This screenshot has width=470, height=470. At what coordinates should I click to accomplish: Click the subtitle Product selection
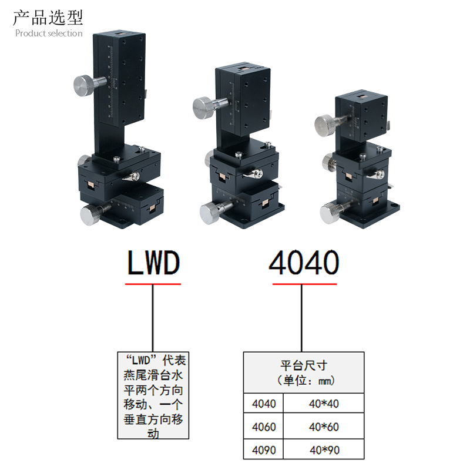49,33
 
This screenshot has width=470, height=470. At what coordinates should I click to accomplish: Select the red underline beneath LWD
153,284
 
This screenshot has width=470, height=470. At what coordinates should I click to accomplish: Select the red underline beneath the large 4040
304,284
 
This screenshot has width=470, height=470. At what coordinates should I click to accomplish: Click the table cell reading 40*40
324,404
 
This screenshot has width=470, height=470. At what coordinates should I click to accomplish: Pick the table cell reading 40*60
324,427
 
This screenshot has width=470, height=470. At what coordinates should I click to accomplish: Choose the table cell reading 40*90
324,450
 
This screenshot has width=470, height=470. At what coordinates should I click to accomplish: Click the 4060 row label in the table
263,427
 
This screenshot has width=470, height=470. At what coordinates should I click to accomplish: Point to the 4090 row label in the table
263,450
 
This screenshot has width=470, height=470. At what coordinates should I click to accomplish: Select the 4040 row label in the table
263,404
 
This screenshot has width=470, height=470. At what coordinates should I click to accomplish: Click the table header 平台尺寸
304,365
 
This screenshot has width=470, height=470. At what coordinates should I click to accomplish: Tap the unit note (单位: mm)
304,381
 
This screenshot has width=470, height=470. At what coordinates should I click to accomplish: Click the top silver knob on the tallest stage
84,86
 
